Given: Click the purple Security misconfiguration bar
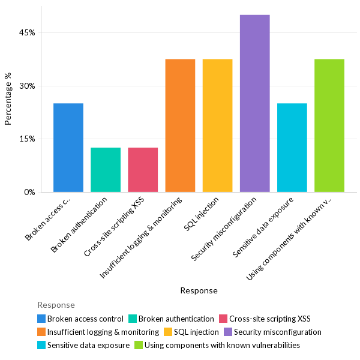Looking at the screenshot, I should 254,103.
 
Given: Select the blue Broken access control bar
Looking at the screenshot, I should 68,148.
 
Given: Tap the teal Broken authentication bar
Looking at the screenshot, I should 106,170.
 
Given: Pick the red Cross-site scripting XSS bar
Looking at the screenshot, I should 143,170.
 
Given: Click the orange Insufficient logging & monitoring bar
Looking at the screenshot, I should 180,125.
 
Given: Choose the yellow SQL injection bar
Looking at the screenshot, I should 217,125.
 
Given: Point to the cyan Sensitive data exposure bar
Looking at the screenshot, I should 292,148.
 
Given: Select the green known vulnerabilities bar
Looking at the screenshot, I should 329,125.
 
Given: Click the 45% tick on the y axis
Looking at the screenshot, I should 27,32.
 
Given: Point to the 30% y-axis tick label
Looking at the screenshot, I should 27,86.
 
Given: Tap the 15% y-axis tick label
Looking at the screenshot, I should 27,139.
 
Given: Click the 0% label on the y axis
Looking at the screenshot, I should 29,192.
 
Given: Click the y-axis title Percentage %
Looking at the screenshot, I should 8,99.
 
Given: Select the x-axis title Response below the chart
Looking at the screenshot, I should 199,290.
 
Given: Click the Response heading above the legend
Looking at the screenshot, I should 56,305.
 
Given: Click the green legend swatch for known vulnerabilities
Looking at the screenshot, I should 138,345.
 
